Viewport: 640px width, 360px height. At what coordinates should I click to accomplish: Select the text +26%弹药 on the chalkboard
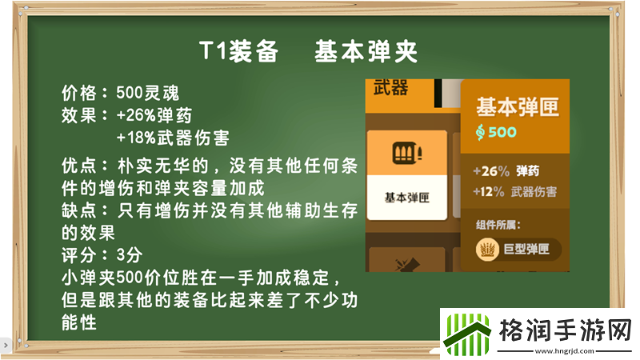[x=154, y=115]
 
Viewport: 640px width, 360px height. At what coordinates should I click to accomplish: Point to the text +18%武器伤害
[x=172, y=138]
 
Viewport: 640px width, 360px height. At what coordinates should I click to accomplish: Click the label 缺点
[x=78, y=210]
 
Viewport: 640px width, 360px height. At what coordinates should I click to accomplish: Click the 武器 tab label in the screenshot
[x=390, y=88]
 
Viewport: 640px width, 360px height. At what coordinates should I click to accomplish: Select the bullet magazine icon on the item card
[x=406, y=151]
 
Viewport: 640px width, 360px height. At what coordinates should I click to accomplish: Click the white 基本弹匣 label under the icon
[x=406, y=197]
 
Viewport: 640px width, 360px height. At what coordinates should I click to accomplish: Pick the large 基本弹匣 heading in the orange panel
[x=518, y=106]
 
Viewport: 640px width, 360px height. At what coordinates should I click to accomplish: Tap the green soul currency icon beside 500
[x=481, y=132]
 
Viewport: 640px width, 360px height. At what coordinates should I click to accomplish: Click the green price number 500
[x=502, y=132]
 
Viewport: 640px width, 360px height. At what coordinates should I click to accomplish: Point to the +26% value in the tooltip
[x=491, y=171]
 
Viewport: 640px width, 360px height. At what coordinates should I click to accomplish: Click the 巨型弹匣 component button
[x=518, y=250]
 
